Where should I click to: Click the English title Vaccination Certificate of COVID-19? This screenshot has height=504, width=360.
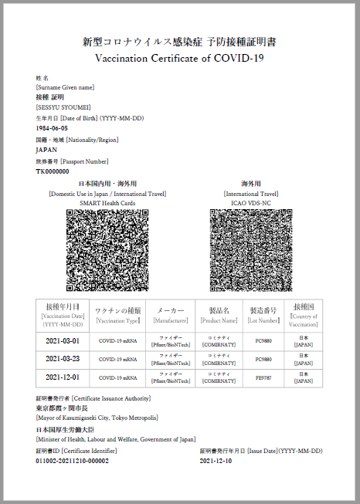tap(178, 58)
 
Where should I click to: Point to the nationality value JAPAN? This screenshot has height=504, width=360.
tap(46, 150)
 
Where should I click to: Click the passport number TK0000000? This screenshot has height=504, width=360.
tap(53, 171)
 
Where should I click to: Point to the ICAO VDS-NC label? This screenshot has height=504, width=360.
tap(250, 203)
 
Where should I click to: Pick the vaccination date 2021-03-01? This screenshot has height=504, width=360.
tap(63, 340)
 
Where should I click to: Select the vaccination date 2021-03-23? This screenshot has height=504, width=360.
tap(63, 359)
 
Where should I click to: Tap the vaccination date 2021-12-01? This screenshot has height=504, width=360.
tap(63, 377)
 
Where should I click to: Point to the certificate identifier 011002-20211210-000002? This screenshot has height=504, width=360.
tap(72, 461)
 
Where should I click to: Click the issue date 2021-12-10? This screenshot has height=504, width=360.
tap(218, 461)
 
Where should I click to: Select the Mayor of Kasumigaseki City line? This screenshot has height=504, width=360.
tap(97, 418)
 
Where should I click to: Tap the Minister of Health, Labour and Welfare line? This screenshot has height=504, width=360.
tap(115, 439)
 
